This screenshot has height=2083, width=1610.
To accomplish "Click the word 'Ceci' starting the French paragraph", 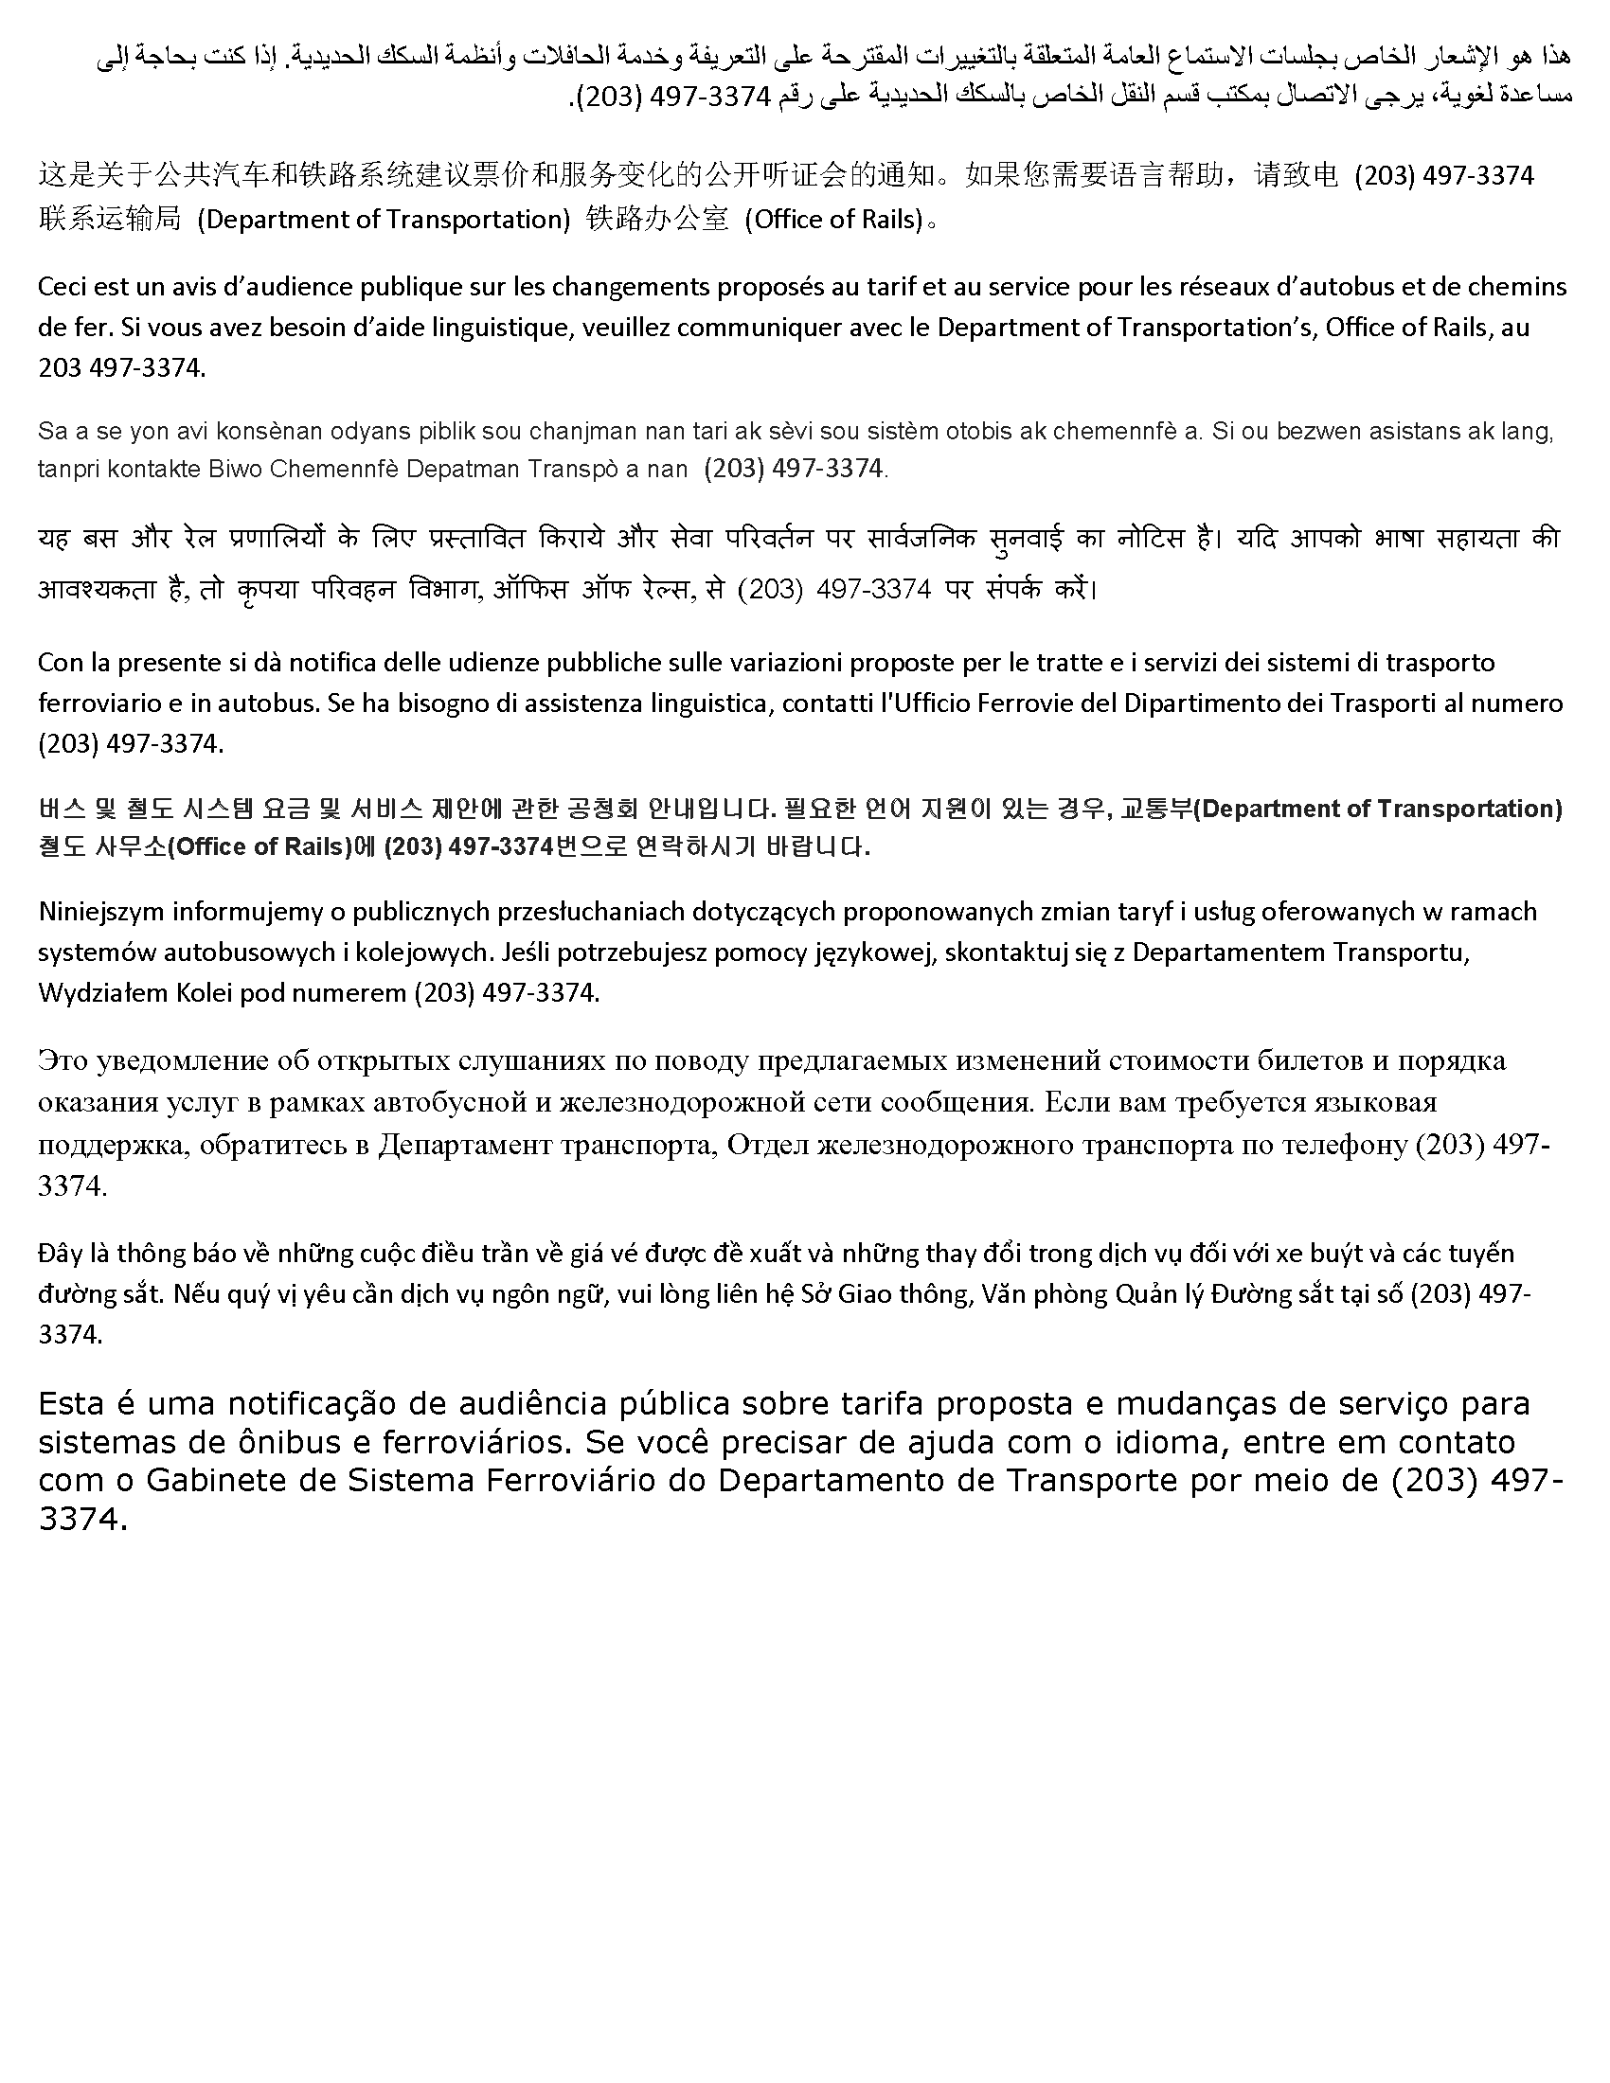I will point(61,286).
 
